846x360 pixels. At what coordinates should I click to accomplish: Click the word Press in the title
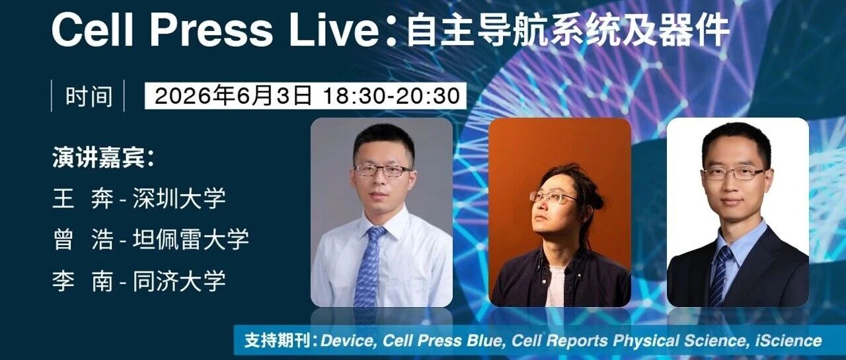coord(211,30)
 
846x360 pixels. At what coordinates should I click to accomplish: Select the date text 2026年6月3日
coord(233,96)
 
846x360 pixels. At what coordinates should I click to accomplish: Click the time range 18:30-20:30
coord(392,96)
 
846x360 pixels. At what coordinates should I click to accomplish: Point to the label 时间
coord(89,96)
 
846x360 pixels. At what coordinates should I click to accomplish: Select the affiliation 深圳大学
coord(179,198)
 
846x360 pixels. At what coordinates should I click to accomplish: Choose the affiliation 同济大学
coord(179,281)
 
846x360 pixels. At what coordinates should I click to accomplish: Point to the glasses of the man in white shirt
coord(383,170)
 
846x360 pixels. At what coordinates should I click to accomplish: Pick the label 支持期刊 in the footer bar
coord(278,341)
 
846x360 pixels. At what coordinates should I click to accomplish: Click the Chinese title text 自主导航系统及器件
coord(567,30)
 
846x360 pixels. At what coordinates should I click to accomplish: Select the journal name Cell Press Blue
coord(443,341)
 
